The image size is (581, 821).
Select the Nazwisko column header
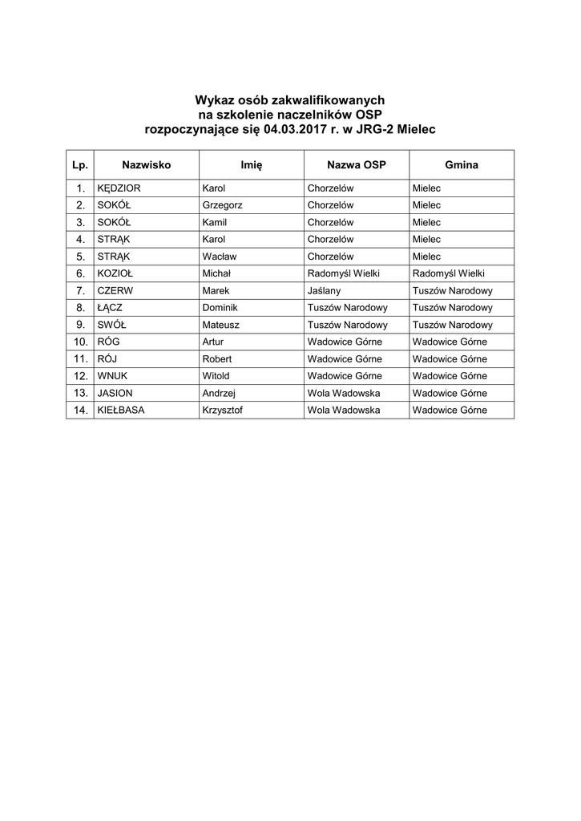147,164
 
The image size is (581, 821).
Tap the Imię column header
252,164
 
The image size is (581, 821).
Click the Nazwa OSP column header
357,164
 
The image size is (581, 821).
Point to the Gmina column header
462,164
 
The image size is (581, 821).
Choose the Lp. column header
80,164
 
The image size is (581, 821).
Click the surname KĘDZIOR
119,188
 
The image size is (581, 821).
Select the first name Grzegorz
223,205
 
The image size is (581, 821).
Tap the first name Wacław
220,257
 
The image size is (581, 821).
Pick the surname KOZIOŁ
115,273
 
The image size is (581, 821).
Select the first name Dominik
220,308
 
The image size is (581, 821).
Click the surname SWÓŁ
111,325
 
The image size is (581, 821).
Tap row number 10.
79,342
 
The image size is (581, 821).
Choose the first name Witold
216,375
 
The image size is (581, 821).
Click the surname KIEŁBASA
123,410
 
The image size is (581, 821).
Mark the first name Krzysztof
224,410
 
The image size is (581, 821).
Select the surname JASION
115,393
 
